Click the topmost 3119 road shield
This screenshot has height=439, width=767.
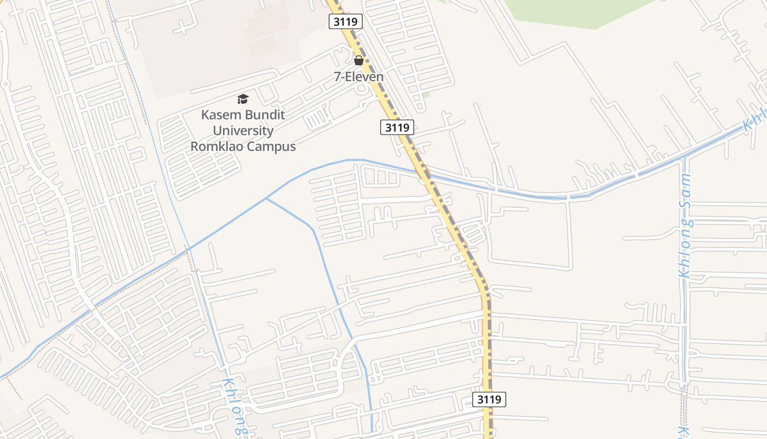346,22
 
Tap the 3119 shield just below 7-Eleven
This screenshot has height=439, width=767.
397,127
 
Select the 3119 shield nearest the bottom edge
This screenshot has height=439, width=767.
489,399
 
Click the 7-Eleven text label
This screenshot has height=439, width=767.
359,77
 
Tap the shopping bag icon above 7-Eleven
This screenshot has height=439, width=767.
359,60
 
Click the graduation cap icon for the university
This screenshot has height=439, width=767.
243,99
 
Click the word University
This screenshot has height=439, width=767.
243,131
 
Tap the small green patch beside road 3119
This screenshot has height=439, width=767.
426,95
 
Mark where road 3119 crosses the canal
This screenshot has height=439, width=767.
425,174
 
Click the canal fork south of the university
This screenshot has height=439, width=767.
266,198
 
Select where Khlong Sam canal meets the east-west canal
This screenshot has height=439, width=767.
684,159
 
